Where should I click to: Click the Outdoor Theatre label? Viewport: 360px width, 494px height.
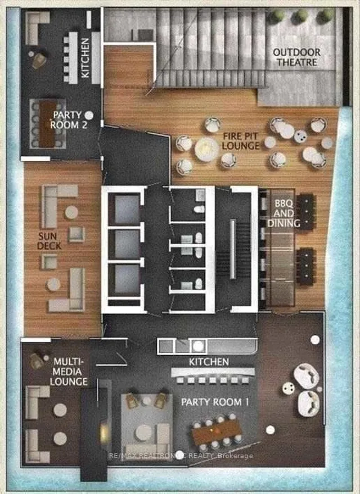click(296, 57)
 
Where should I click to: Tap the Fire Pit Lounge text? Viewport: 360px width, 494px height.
click(241, 141)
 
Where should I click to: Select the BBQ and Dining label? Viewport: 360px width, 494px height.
click(283, 214)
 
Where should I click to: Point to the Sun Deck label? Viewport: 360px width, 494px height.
click(49, 241)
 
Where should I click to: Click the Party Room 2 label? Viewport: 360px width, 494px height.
click(69, 120)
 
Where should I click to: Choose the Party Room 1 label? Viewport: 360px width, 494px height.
click(215, 402)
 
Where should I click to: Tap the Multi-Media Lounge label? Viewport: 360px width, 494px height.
click(69, 371)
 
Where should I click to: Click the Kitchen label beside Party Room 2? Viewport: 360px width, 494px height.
click(85, 58)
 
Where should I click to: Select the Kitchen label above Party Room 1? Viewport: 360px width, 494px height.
click(209, 362)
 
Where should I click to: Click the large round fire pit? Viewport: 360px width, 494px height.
click(206, 149)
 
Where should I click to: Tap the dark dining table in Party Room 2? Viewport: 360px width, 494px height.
click(47, 124)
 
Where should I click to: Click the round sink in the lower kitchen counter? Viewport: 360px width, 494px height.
click(198, 346)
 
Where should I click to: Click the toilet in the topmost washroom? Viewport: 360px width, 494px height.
click(199, 209)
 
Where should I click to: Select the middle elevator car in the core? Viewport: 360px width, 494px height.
click(127, 244)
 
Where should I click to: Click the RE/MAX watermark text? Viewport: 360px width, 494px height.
click(181, 456)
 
